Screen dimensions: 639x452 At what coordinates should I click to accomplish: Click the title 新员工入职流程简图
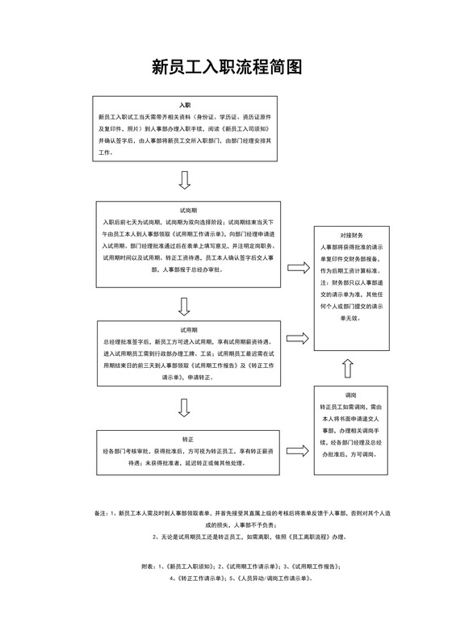tap(226, 67)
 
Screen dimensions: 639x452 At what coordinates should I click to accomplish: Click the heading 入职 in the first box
tap(184, 106)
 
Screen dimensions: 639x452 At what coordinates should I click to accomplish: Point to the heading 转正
tap(187, 440)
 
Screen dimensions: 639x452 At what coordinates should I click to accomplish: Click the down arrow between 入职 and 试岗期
tap(184, 178)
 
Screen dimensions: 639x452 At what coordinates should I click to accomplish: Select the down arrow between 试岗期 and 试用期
tap(184, 307)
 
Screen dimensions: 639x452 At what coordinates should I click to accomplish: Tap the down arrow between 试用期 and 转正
tap(184, 408)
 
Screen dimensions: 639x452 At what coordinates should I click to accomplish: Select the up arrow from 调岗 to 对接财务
tap(348, 370)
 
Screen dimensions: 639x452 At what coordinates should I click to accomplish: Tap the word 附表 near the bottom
tap(147, 568)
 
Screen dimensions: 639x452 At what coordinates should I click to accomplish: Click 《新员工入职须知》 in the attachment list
tap(189, 568)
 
